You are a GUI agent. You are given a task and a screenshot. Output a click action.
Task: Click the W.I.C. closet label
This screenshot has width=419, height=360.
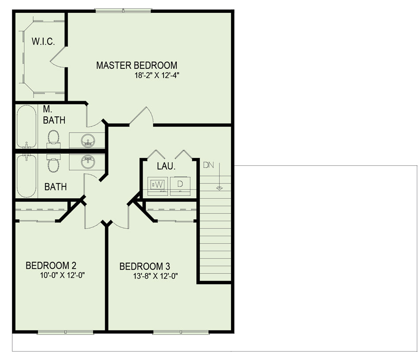pyautogui.click(x=43, y=41)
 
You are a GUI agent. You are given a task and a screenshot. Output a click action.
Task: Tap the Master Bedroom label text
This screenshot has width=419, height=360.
pyautogui.click(x=137, y=65)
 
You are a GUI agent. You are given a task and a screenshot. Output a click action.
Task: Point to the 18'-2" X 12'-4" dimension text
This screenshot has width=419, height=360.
pyautogui.click(x=157, y=75)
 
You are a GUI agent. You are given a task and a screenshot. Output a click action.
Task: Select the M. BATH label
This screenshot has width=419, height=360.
pyautogui.click(x=54, y=115)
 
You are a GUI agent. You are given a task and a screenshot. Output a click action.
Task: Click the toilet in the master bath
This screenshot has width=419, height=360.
pyautogui.click(x=53, y=139)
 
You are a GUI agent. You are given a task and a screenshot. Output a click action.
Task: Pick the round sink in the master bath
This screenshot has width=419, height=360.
pyautogui.click(x=88, y=140)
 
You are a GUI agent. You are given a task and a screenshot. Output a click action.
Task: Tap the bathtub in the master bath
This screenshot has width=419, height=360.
pyautogui.click(x=26, y=126)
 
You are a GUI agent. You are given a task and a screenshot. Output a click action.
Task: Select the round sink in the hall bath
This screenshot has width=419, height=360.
pyautogui.click(x=88, y=162)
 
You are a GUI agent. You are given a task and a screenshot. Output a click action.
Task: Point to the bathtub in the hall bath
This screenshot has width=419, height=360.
pyautogui.click(x=26, y=176)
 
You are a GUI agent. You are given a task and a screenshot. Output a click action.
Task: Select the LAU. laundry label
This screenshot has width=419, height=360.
pyautogui.click(x=166, y=166)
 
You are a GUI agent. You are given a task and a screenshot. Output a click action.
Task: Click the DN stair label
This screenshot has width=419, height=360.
pyautogui.click(x=209, y=165)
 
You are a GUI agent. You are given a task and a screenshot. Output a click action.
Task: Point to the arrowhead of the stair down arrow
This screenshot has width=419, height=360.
pyautogui.click(x=219, y=188)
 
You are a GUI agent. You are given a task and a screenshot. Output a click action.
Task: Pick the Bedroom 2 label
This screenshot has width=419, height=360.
pyautogui.click(x=51, y=265)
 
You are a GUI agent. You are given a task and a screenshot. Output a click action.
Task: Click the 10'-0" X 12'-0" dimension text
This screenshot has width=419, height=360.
pyautogui.click(x=62, y=275)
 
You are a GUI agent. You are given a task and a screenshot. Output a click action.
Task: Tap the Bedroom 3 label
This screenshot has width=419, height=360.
pyautogui.click(x=145, y=266)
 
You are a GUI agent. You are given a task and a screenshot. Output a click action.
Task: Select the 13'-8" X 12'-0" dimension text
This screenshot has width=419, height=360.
pyautogui.click(x=156, y=276)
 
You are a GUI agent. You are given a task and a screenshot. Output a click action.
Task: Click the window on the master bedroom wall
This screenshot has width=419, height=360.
pyautogui.click(x=123, y=11)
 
